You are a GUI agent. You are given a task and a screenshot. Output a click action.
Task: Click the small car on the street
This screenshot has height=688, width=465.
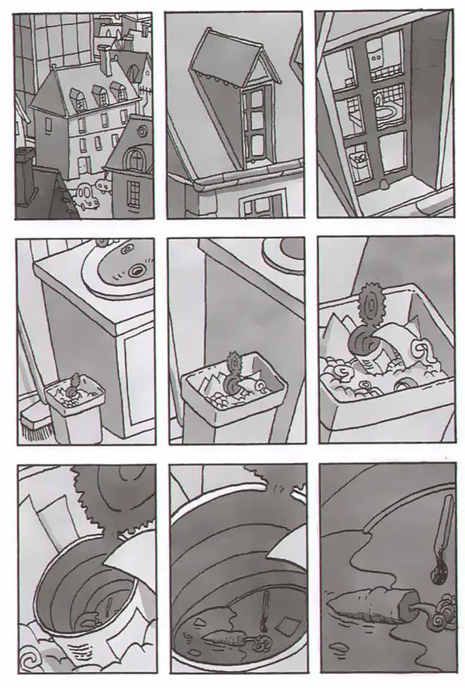click(90, 193)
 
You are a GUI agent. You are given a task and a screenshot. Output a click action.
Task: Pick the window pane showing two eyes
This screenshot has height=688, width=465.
click(380, 57)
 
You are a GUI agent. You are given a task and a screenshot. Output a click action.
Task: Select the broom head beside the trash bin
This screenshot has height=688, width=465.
click(35, 427)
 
